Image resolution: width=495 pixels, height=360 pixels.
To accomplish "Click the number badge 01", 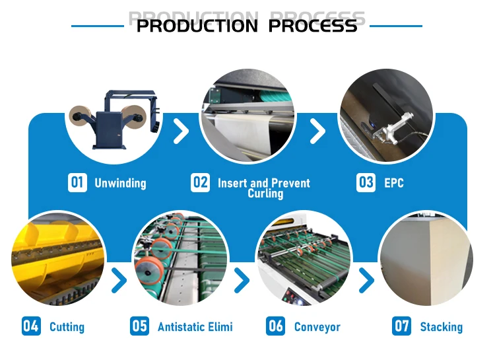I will coord(77,182).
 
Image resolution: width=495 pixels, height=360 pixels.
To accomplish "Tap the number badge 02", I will coord(201,182).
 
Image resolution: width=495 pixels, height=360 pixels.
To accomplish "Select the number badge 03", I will coord(365,182).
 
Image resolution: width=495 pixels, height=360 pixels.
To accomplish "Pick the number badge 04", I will coord(31,326).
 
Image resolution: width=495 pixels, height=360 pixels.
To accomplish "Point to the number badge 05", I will coord(139,326).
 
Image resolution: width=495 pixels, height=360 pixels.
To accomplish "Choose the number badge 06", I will coord(276,326).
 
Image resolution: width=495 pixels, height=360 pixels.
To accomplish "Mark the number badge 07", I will coord(401,326).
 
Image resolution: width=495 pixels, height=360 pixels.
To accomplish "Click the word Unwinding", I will coord(120,183).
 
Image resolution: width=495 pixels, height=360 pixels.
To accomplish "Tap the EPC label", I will coord(394,183).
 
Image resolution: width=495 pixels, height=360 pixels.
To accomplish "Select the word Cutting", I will coord(67,326).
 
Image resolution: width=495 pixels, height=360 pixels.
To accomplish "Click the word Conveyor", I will coord(317,326).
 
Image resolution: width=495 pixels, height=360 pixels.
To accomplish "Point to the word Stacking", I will coord(442,326).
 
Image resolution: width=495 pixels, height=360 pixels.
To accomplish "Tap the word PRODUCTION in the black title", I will coord(197,26).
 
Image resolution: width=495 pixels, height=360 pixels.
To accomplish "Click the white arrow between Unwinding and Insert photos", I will coord(180,131).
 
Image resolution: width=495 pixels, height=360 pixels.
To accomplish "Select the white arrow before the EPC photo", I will coord(318,131).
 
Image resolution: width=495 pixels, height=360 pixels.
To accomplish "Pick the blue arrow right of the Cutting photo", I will coord(119,281).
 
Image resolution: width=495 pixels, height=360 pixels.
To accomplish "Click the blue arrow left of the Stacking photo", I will coord(366,281).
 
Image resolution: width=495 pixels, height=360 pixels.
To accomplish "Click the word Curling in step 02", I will coord(265,194).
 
